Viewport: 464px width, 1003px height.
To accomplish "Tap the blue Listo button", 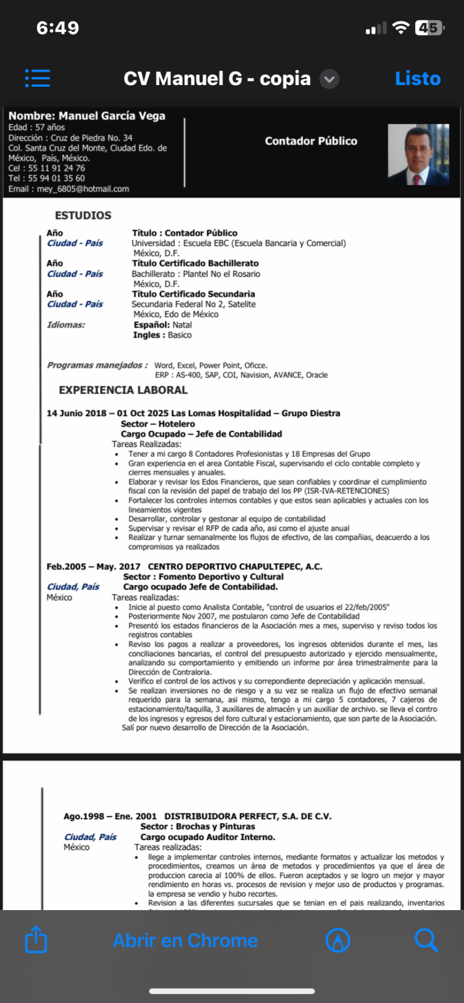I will point(417,78).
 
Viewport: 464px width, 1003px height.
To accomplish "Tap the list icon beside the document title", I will point(37,78).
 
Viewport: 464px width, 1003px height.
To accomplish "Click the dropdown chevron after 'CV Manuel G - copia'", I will point(329,79).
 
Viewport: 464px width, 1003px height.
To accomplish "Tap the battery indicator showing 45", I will point(429,28).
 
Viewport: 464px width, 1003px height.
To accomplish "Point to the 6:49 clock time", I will point(57,28).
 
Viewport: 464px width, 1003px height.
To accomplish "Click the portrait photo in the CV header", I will point(418,154).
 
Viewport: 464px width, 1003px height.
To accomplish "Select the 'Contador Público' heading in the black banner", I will point(311,141).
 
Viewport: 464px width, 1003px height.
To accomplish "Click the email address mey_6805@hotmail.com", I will point(83,189).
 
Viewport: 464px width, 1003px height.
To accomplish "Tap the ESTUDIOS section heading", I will point(83,215).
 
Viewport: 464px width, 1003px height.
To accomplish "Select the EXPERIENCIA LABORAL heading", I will point(123,390).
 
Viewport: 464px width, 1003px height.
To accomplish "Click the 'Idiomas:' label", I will point(66,325).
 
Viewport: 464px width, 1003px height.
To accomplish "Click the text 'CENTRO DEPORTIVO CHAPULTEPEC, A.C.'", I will point(235,567).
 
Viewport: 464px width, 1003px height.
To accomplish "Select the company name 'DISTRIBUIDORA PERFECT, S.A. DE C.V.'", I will point(248,817).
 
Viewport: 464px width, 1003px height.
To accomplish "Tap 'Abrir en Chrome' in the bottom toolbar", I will point(185,940).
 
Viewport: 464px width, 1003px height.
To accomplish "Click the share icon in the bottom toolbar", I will point(36,940).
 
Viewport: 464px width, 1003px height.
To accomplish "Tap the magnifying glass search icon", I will point(426,940).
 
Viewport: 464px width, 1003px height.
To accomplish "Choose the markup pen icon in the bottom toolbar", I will point(338,940).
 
